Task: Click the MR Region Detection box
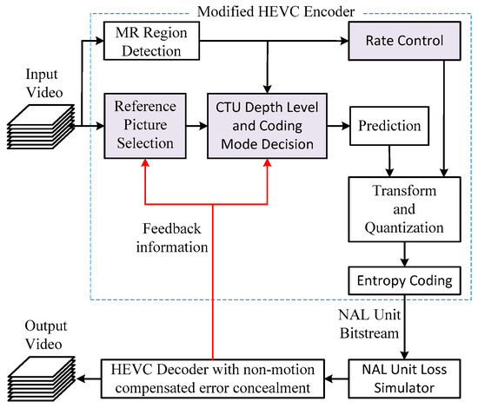coord(149,41)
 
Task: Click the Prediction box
coord(388,125)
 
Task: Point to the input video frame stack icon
coord(35,132)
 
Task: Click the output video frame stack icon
coord(35,373)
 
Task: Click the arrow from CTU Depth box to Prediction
coord(333,126)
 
